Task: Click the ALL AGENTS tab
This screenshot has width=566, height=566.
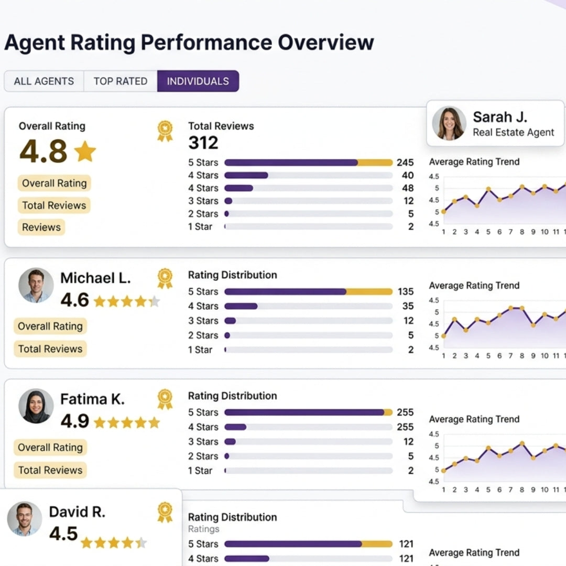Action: coord(43,81)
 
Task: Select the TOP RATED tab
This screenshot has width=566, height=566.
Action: coord(120,81)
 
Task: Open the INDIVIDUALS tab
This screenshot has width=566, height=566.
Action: coord(198,81)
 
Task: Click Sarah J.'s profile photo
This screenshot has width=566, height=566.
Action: coord(449,124)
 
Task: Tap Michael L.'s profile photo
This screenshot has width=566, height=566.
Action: coord(36,286)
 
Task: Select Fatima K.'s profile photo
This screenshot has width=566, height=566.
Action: coord(36,406)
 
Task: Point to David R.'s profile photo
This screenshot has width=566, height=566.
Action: coord(25,519)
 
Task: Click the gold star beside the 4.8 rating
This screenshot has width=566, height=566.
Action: coord(85,151)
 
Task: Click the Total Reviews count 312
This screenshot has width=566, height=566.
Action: coord(203,143)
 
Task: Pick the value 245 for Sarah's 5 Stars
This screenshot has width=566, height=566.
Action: coord(405,162)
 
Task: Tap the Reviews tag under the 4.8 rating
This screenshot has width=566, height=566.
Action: coord(41,227)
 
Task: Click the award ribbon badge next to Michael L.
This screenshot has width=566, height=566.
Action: coord(165,278)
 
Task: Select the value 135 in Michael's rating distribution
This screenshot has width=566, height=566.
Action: coord(405,291)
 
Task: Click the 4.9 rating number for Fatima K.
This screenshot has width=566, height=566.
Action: coord(74,421)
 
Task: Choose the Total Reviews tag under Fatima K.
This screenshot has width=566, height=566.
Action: coord(50,470)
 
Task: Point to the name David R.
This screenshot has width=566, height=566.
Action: coord(77,512)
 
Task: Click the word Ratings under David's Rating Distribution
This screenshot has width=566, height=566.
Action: coord(204,529)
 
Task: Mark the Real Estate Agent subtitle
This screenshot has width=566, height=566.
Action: coord(513,133)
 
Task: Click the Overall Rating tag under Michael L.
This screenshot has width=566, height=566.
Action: coord(50,326)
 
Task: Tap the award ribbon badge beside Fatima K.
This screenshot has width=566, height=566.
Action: coord(165,399)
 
